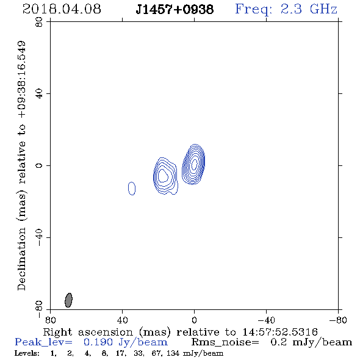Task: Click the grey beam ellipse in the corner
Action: [69, 300]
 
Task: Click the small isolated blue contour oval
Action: [132, 189]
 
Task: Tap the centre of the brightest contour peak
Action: [195, 164]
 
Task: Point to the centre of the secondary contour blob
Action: [164, 176]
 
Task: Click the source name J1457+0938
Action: [175, 10]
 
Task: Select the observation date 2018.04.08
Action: [62, 9]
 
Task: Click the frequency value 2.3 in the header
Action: [291, 9]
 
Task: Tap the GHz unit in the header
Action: [323, 9]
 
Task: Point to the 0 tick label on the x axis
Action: [194, 320]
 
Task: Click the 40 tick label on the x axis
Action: [122, 320]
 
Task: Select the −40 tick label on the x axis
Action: [266, 320]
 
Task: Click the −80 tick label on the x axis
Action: [338, 320]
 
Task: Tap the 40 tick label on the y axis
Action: [39, 94]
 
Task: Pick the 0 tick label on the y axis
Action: [39, 165]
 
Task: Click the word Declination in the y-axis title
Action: [21, 259]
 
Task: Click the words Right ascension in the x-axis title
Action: [88, 332]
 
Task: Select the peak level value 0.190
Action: [98, 342]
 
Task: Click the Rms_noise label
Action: [225, 342]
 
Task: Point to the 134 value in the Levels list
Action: [173, 353]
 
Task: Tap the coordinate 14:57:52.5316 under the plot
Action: [280, 332]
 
